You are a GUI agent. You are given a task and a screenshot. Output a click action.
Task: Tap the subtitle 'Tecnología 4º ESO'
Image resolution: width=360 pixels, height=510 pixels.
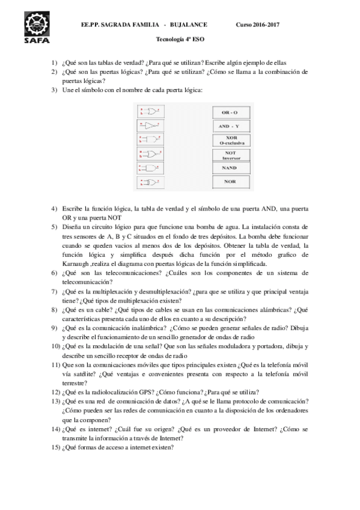180,38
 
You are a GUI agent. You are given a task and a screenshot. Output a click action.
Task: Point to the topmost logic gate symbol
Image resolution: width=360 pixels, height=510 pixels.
148,111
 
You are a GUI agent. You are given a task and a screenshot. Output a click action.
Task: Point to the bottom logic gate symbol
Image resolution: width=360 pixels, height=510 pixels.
148,182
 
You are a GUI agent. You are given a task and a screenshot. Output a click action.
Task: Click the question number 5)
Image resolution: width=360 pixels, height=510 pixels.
54,227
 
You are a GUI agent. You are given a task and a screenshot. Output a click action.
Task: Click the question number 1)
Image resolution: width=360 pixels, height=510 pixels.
54,63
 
